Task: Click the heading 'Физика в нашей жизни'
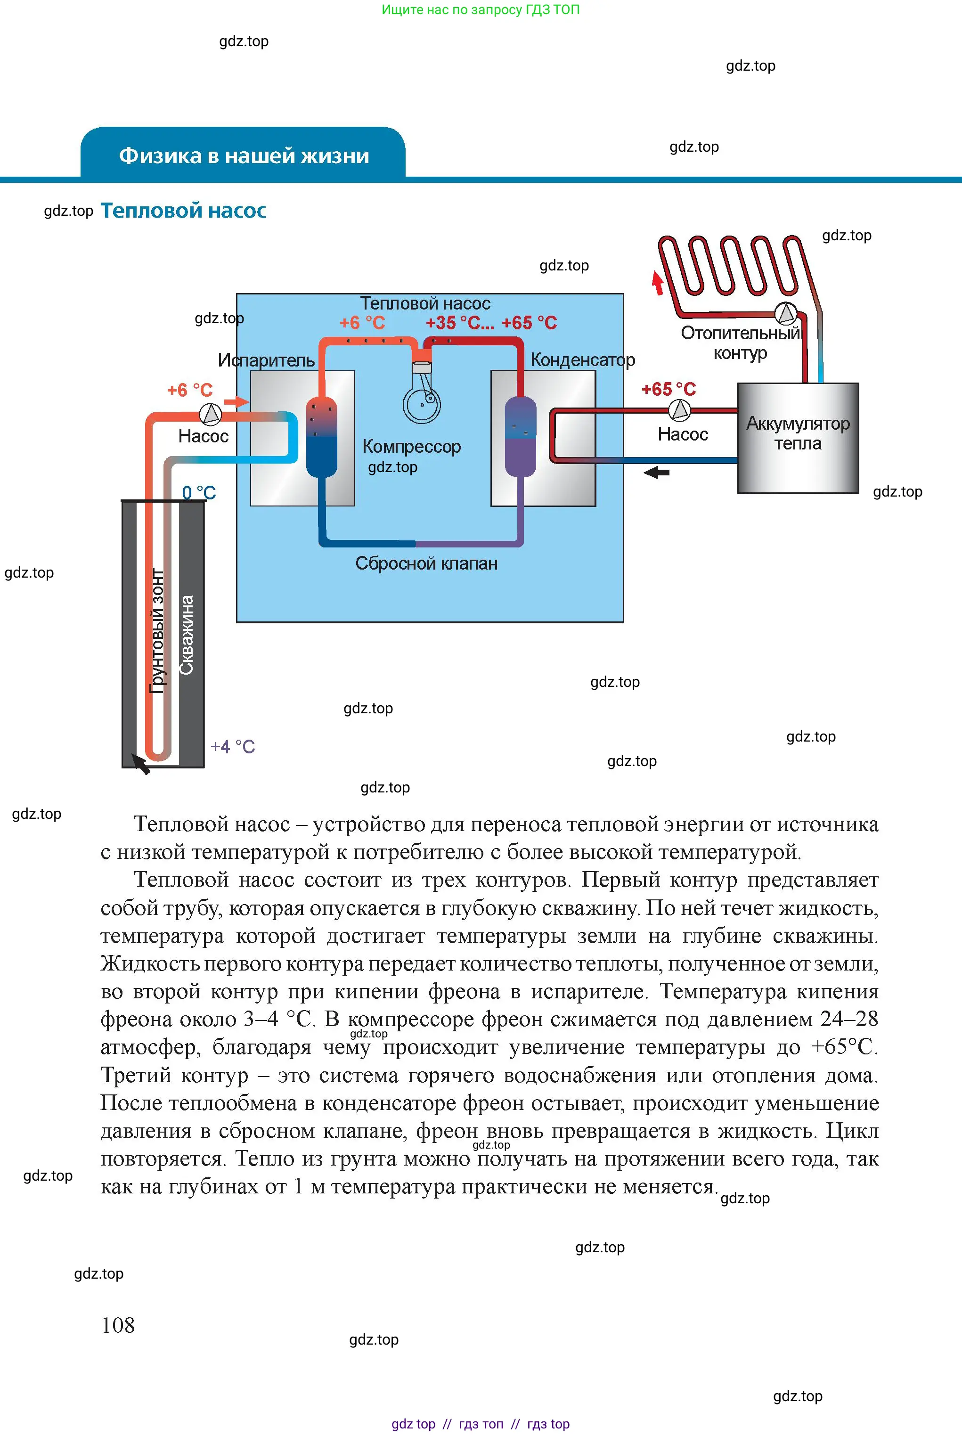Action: pyautogui.click(x=244, y=156)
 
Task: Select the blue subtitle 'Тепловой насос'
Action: pyautogui.click(x=183, y=211)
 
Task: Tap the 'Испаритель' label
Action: pyautogui.click(x=266, y=360)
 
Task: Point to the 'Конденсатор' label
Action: pyautogui.click(x=582, y=359)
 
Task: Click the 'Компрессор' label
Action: pyautogui.click(x=412, y=446)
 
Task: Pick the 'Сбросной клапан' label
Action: pyautogui.click(x=426, y=563)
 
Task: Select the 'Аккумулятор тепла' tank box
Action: pyautogui.click(x=798, y=438)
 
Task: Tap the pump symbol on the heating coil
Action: pyautogui.click(x=786, y=313)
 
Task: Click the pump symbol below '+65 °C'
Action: pyautogui.click(x=679, y=410)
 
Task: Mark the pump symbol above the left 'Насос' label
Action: pyautogui.click(x=211, y=415)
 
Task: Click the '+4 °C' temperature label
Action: pyautogui.click(x=233, y=747)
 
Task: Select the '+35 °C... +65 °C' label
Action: pyautogui.click(x=491, y=323)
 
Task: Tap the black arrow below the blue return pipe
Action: pyautogui.click(x=656, y=473)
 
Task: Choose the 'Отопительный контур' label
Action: pyautogui.click(x=741, y=343)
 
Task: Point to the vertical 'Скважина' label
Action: pyautogui.click(x=187, y=635)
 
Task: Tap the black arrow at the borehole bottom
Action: pyautogui.click(x=141, y=765)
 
